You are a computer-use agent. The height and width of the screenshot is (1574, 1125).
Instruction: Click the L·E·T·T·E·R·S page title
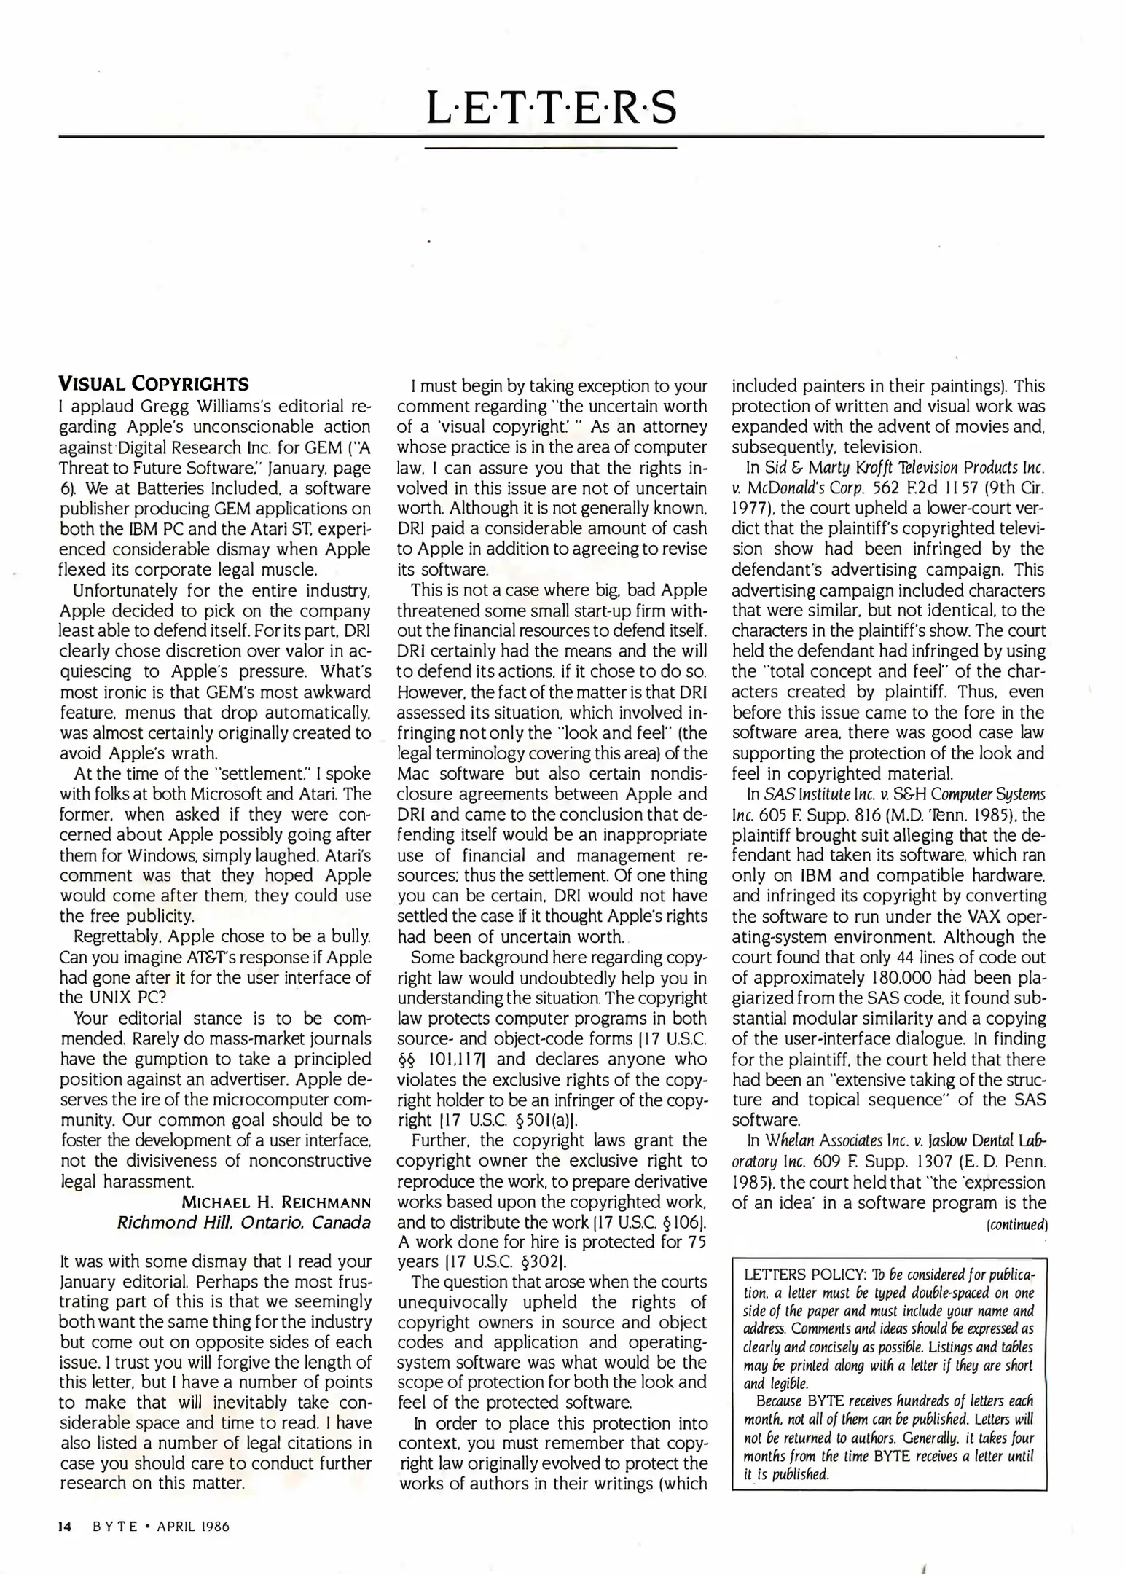pos(551,108)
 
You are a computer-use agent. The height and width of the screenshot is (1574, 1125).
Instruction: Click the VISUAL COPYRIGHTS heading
pos(154,384)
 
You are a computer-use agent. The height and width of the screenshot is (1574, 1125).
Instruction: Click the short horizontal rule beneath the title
pos(551,149)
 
